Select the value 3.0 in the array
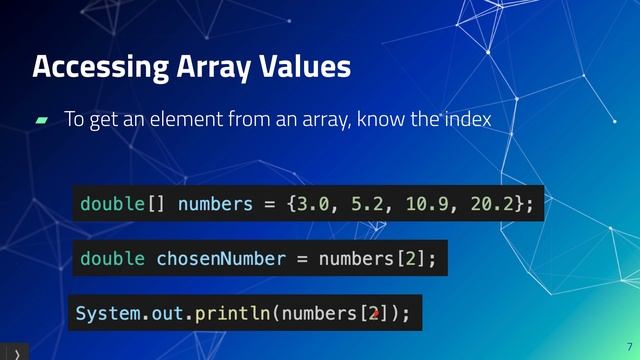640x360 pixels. (311, 204)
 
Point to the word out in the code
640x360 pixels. (167, 314)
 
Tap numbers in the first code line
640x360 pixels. (215, 204)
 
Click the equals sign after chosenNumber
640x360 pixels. (301, 259)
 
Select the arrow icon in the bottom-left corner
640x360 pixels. (15, 353)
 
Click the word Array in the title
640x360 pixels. (205, 68)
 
